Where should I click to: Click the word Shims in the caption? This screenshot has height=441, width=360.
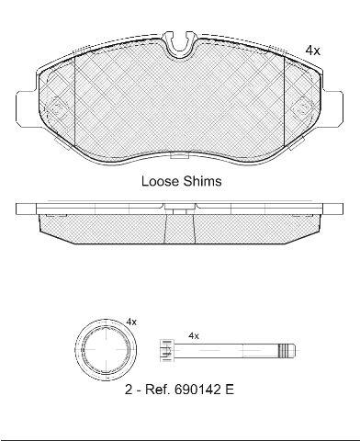click(x=202, y=181)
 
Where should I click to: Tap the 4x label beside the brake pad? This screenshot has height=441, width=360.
click(x=312, y=51)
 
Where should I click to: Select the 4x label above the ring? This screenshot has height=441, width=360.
click(x=131, y=322)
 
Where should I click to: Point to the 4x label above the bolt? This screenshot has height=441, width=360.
click(x=194, y=336)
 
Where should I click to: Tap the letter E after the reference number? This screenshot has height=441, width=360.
click(x=230, y=390)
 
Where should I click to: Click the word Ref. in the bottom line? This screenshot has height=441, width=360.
click(x=157, y=390)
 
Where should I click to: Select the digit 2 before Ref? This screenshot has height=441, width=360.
click(x=129, y=390)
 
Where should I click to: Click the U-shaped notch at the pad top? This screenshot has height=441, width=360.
click(x=180, y=44)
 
